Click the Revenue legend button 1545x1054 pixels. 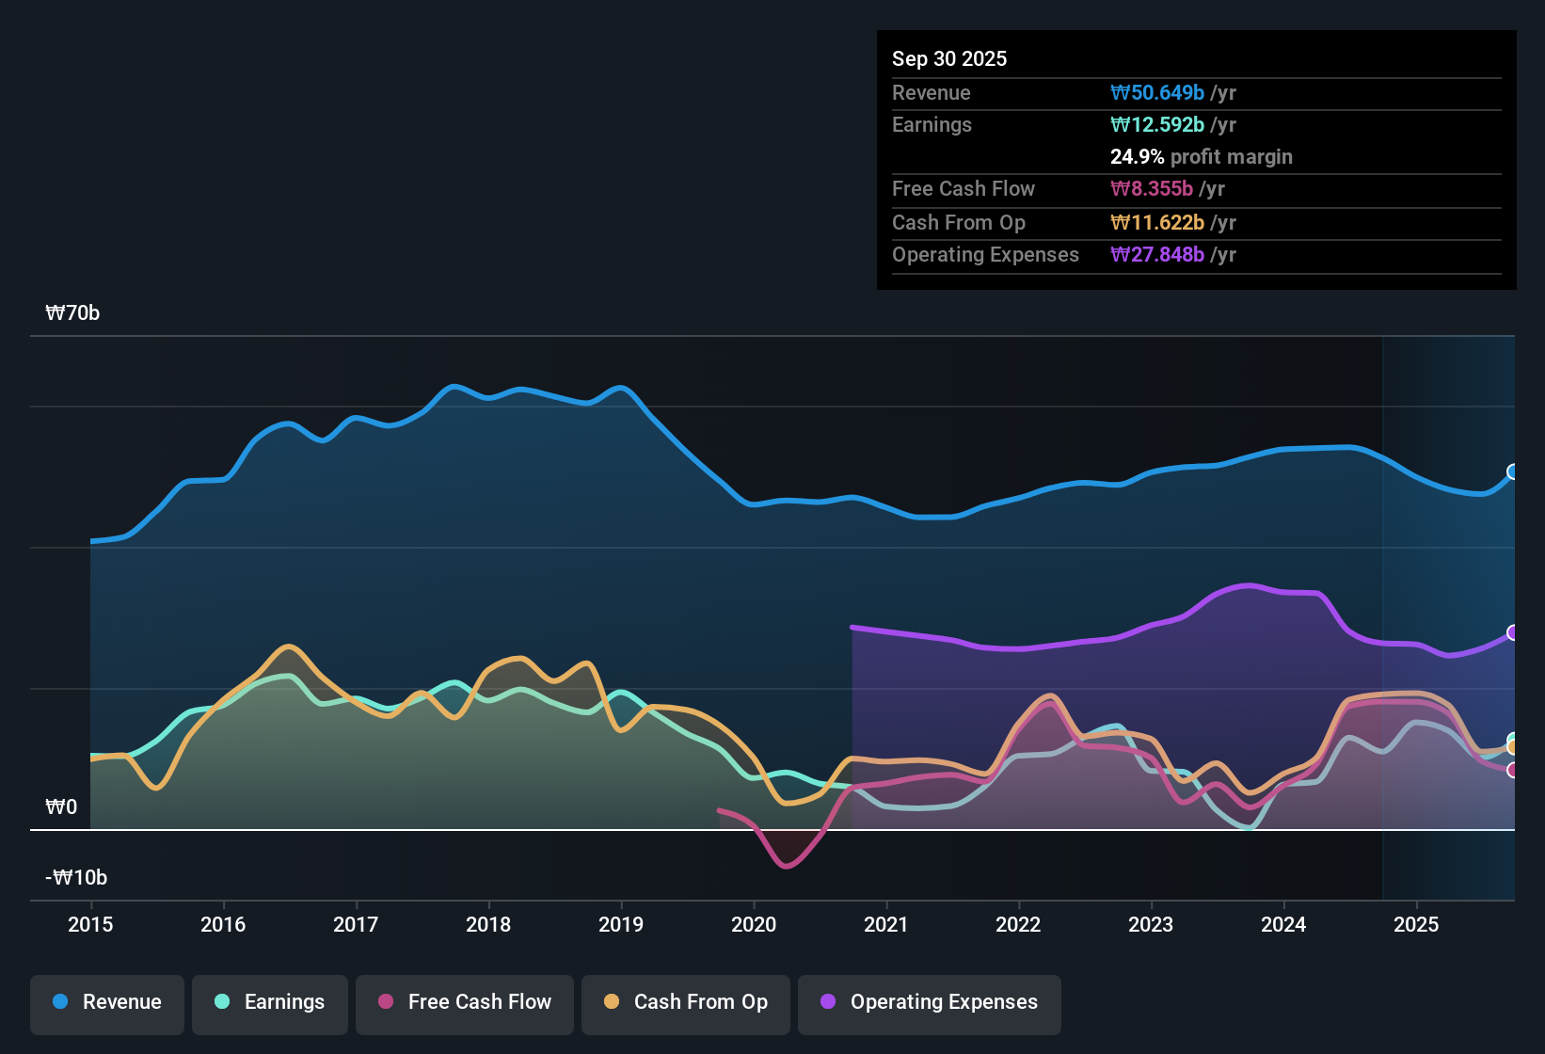pyautogui.click(x=107, y=1002)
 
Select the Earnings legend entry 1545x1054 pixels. pyautogui.click(x=270, y=1002)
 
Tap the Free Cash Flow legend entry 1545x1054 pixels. pyautogui.click(x=465, y=1002)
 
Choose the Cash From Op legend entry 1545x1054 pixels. pyautogui.click(x=686, y=1002)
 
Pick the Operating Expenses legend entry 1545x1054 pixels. pyautogui.click(x=930, y=1002)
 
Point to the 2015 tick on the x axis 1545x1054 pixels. pyautogui.click(x=90, y=924)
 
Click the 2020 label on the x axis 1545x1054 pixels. pyautogui.click(x=754, y=924)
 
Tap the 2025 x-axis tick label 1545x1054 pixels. pyautogui.click(x=1416, y=924)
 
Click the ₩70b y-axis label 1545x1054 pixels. pyautogui.click(x=72, y=313)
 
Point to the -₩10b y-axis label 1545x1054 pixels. pyautogui.click(x=76, y=878)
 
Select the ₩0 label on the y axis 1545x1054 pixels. pyautogui.click(x=61, y=807)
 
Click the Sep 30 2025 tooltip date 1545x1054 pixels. pyautogui.click(x=949, y=58)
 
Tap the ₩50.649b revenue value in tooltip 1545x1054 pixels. pyautogui.click(x=1157, y=92)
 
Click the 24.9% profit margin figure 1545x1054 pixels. pyautogui.click(x=1137, y=156)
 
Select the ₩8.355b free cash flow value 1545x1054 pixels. pyautogui.click(x=1152, y=188)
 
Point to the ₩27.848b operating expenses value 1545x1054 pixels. pyautogui.click(x=1157, y=254)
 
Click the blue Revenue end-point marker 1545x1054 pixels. pyautogui.click(x=1513, y=471)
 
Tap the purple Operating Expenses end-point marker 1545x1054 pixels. pyautogui.click(x=1513, y=632)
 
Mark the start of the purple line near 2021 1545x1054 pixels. pyautogui.click(x=852, y=627)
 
